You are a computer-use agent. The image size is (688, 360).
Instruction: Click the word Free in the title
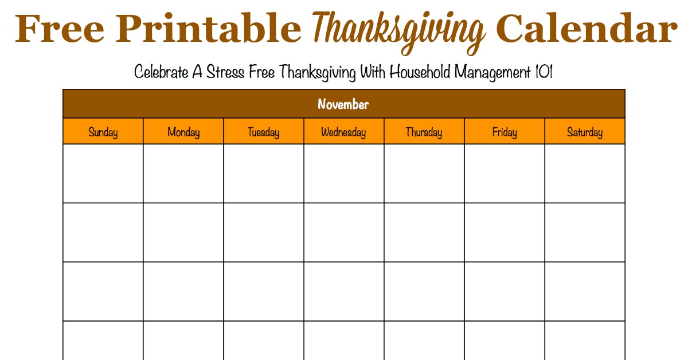click(60, 28)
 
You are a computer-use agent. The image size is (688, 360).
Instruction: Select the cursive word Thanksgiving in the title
click(398, 32)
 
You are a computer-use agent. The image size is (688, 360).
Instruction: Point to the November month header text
click(343, 104)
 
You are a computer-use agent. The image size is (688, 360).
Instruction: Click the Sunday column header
click(103, 132)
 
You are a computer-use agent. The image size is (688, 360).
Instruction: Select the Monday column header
click(183, 132)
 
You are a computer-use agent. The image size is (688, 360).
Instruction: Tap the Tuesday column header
click(264, 132)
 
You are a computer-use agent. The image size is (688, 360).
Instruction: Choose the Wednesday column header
click(343, 132)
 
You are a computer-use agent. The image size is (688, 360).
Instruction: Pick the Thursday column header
click(424, 132)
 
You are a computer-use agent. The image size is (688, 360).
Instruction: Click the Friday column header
click(505, 132)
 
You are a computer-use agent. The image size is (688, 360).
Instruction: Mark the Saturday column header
click(585, 132)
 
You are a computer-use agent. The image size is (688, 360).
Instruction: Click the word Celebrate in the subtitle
click(161, 72)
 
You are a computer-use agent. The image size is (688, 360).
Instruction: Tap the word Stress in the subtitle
click(225, 72)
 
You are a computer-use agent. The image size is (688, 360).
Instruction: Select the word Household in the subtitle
click(419, 72)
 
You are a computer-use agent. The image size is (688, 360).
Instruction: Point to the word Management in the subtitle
click(492, 73)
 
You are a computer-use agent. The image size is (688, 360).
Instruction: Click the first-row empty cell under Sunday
click(103, 174)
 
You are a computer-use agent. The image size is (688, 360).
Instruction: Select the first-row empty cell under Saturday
click(585, 174)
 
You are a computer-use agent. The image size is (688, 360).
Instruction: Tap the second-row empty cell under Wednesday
click(343, 233)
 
